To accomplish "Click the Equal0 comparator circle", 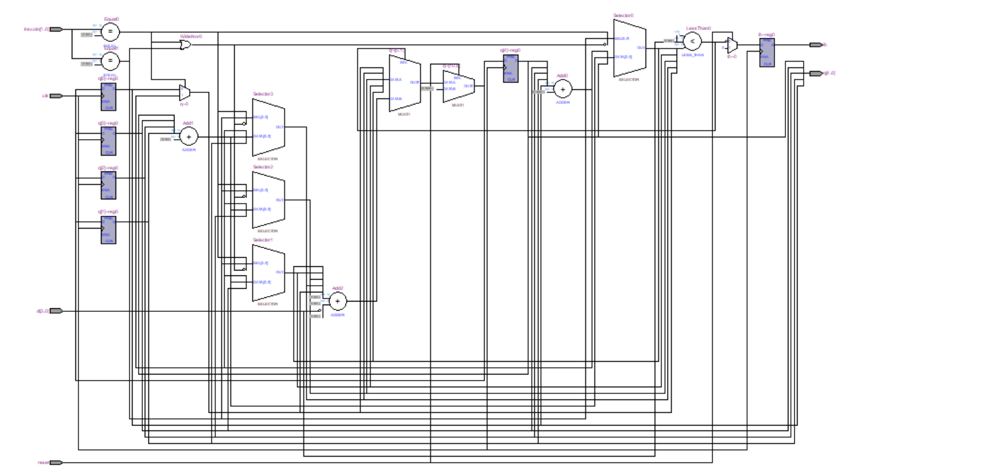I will pos(110,32).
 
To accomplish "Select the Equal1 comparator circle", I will pos(110,61).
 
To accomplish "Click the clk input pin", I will pos(55,96).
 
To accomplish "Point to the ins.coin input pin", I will pos(55,29).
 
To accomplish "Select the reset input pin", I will pos(55,463).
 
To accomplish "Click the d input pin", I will pos(55,311).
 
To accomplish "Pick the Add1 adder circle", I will pos(188,137).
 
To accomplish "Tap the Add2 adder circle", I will pos(337,301).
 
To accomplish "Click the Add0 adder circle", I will pos(562,89).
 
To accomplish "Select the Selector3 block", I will pos(268,127).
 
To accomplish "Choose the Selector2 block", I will pos(268,199).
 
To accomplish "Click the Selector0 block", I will pos(629,47).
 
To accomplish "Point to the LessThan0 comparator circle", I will pos(692,41).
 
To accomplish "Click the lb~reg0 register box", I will pos(767,52).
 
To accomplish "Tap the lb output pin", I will pos(815,44).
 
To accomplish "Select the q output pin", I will pos(815,74).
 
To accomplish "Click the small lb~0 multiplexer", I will pos(733,46).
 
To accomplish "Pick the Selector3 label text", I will pos(263,94).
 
